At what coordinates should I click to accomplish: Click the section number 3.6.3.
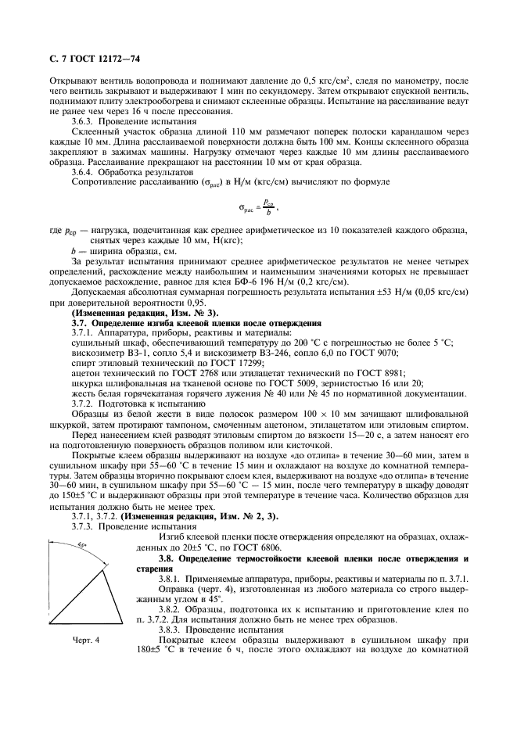83,122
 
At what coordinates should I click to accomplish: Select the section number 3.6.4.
83,171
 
